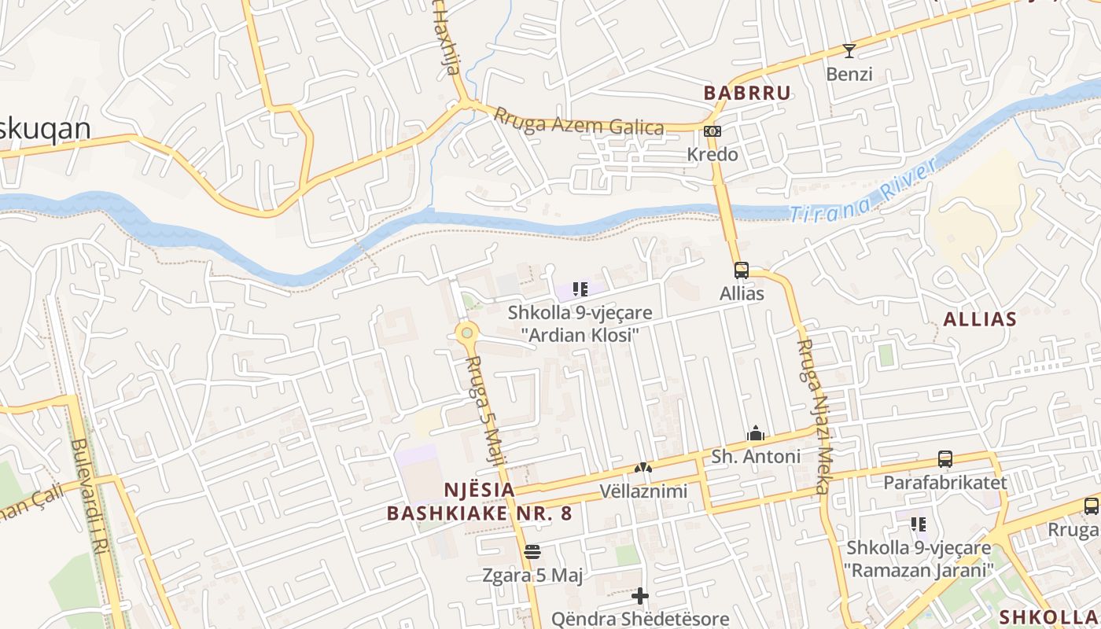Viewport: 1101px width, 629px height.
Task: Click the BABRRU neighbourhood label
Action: click(x=746, y=93)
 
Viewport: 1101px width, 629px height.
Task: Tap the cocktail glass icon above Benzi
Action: click(x=849, y=52)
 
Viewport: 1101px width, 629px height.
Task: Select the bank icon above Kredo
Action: click(x=713, y=131)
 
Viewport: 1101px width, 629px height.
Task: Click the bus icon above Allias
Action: click(x=741, y=270)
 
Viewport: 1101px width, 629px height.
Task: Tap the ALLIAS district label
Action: click(x=979, y=319)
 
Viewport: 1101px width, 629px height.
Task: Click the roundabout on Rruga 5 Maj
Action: click(x=467, y=333)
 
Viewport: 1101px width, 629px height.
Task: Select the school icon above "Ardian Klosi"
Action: click(x=580, y=289)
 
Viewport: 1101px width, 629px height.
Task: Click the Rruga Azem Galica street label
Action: click(x=578, y=121)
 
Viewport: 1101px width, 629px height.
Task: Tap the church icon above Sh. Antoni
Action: click(x=756, y=434)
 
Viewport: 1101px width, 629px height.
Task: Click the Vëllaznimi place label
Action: click(x=643, y=491)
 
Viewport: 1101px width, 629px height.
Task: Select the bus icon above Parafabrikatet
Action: click(x=945, y=459)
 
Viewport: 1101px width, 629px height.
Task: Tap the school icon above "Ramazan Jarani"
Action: click(x=918, y=524)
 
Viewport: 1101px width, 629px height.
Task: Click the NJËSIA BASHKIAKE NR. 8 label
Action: click(x=479, y=502)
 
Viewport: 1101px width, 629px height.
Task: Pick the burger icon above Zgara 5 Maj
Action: click(x=532, y=552)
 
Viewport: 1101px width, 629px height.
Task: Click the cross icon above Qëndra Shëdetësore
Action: click(x=640, y=596)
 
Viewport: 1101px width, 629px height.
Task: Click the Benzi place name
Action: click(x=849, y=75)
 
